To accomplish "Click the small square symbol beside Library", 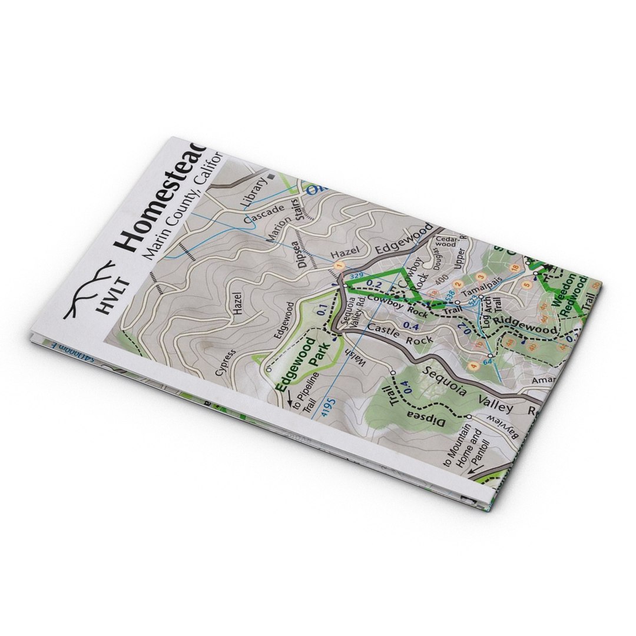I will tap(271, 176).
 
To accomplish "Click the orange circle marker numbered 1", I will tap(338, 267).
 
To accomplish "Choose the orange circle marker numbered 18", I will tap(514, 269).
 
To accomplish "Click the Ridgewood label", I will tap(525, 326).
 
